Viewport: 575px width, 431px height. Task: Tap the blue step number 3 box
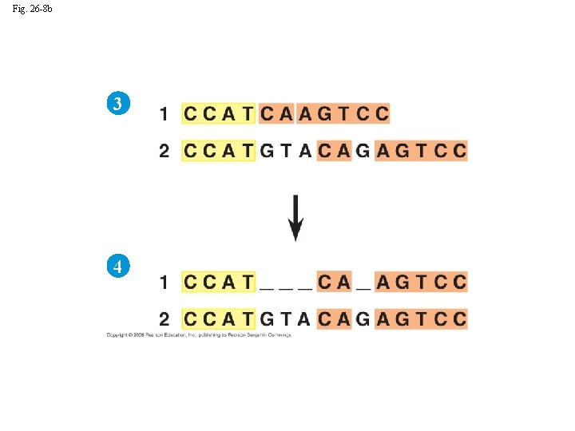click(117, 104)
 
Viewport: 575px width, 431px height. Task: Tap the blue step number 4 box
click(117, 267)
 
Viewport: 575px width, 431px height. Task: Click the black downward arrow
click(295, 217)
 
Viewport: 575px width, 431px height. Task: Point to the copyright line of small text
click(199, 335)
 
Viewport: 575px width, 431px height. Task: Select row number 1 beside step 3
click(164, 114)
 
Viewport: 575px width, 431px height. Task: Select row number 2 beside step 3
click(164, 151)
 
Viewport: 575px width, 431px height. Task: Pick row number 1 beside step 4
click(164, 282)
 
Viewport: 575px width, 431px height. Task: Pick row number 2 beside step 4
click(164, 319)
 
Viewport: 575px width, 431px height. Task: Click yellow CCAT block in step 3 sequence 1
click(218, 114)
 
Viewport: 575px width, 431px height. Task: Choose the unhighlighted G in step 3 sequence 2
click(363, 151)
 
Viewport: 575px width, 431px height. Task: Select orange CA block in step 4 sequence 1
click(335, 282)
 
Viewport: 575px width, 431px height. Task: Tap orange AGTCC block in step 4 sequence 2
click(421, 319)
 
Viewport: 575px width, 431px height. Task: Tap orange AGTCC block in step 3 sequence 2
click(421, 151)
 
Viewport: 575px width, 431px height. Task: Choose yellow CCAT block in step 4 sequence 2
click(218, 319)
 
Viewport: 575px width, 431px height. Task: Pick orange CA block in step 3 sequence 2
click(335, 151)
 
